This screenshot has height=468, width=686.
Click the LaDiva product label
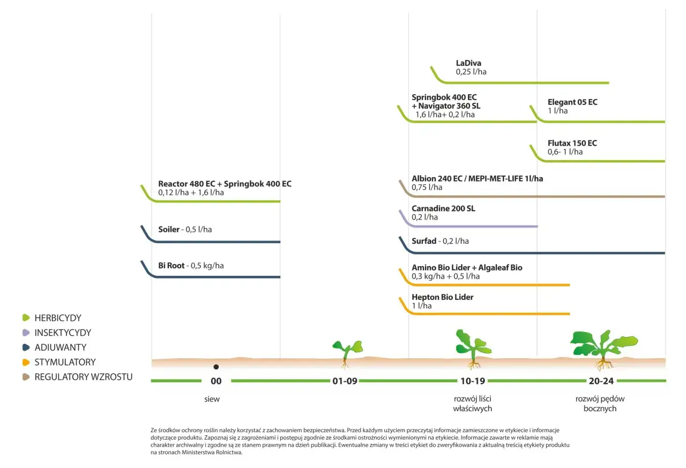468,63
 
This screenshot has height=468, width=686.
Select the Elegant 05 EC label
572,102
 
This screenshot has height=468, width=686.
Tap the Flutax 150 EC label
572,143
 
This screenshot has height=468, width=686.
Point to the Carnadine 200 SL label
443,209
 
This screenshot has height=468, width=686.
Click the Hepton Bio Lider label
442,297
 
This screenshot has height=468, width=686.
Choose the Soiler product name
169,229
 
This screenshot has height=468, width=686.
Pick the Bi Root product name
171,266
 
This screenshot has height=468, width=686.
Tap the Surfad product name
424,241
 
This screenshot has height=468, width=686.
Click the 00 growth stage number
216,381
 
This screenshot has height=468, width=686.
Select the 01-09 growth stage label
345,381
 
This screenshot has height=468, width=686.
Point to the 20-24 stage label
601,381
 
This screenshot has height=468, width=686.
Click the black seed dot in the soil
216,367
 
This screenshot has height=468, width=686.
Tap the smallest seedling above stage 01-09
347,354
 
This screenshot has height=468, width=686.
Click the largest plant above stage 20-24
603,349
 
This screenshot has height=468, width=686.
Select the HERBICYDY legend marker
26,318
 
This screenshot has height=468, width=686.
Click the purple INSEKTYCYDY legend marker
26,333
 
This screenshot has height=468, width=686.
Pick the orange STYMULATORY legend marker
26,362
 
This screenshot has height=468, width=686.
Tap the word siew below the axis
212,399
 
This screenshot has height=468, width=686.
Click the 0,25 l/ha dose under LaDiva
471,72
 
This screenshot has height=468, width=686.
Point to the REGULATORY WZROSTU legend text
84,377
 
